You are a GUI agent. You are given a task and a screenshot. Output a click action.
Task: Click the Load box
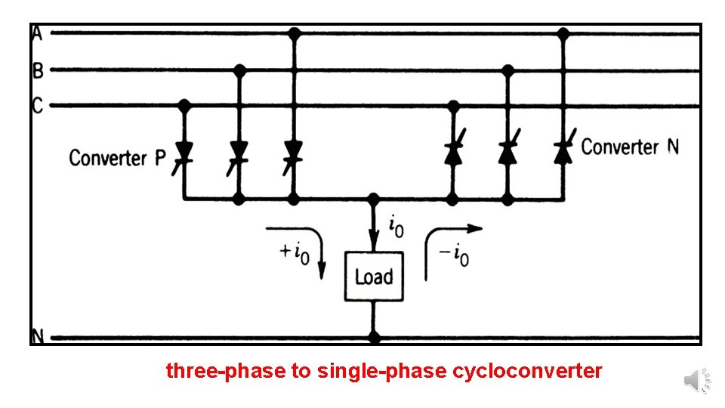(x=373, y=277)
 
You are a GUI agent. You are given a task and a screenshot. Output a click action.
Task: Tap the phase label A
(x=37, y=33)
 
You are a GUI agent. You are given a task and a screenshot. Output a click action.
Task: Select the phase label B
(x=37, y=71)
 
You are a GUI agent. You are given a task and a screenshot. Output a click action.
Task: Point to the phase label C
(x=37, y=105)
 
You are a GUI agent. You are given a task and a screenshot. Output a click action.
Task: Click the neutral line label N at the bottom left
(x=37, y=336)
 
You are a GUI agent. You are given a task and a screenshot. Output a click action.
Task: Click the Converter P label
(x=117, y=158)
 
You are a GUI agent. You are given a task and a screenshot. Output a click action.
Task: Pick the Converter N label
(x=630, y=147)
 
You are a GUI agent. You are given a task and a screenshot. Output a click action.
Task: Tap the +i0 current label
(x=295, y=252)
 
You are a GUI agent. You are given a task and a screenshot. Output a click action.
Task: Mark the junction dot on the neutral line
(x=373, y=337)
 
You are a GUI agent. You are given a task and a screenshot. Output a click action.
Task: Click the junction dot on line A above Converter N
(x=563, y=33)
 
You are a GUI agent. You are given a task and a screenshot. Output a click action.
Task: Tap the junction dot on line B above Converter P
(x=239, y=70)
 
